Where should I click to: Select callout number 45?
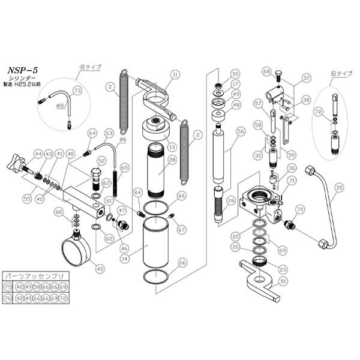pyautogui.click(x=100, y=268)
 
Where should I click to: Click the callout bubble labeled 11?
pyautogui.click(x=175, y=75)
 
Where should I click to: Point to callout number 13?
pyautogui.click(x=172, y=146)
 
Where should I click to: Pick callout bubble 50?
pyautogui.click(x=235, y=74)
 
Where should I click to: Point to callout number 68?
pyautogui.click(x=266, y=71)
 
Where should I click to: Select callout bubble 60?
pyautogui.click(x=58, y=211)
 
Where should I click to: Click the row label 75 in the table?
pyautogui.click(x=9, y=287)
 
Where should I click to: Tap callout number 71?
pyautogui.click(x=292, y=180)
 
